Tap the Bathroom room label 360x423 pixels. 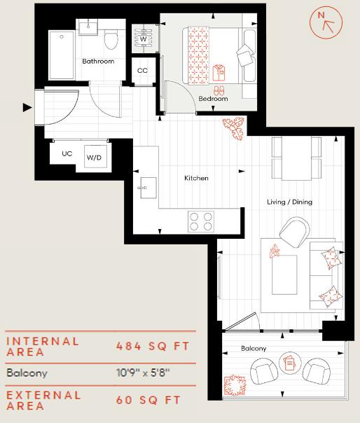(x=97, y=62)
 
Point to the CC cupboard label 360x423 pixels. (x=142, y=71)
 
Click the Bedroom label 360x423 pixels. (x=212, y=99)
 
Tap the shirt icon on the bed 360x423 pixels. (x=219, y=70)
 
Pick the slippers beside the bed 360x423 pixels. (x=219, y=90)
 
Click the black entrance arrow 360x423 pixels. (x=27, y=107)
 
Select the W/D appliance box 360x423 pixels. (x=94, y=157)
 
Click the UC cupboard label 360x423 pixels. (x=67, y=153)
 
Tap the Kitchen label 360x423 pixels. (x=196, y=178)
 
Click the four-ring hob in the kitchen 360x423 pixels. (x=202, y=221)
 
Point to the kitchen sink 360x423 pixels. (x=147, y=186)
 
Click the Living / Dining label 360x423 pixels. (x=289, y=202)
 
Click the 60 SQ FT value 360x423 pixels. (x=148, y=400)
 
